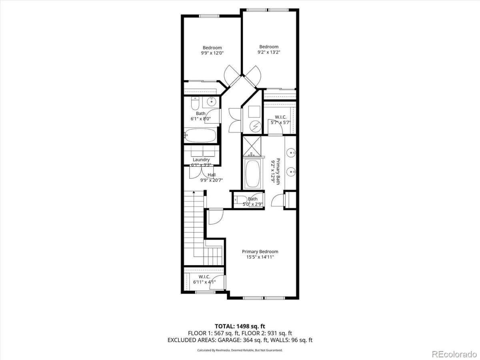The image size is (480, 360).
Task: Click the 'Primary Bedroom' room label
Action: [260, 252]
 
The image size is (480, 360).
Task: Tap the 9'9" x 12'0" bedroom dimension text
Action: [212, 53]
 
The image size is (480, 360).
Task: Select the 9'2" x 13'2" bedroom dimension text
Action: [268, 52]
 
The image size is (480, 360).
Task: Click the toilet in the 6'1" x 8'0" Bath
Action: [195, 104]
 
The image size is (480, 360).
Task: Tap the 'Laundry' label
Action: [201, 160]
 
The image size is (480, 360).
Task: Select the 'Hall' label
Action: [212, 175]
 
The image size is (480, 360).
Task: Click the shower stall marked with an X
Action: [252, 145]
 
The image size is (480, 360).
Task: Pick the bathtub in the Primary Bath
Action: [252, 174]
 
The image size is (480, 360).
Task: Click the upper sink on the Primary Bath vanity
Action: [291, 152]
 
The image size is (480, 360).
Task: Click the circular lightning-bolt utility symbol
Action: [255, 127]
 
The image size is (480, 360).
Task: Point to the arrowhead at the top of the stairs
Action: [194, 193]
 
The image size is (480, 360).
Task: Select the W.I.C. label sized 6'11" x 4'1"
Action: [204, 276]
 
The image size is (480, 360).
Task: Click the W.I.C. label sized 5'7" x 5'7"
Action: [280, 117]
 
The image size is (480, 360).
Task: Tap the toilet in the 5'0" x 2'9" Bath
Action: [238, 200]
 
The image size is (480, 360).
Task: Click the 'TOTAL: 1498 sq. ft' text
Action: [240, 326]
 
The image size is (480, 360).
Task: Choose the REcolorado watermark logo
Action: [454, 354]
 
